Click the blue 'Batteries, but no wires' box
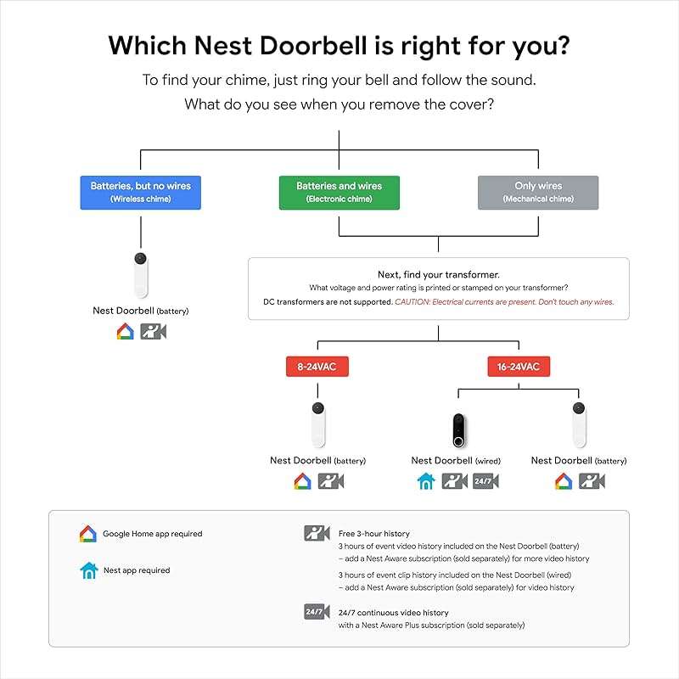pos(141,192)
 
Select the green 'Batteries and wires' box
pos(339,192)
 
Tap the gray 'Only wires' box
pos(538,192)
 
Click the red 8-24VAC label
pos(317,367)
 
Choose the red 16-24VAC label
pos(519,367)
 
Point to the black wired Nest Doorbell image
pos(458,429)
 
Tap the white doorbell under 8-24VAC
pos(317,424)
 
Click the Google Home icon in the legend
pos(88,534)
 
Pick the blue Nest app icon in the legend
pos(88,570)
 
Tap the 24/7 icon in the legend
pos(317,612)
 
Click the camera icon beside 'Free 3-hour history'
pos(317,533)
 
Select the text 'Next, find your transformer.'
pos(438,275)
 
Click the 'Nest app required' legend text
pos(137,570)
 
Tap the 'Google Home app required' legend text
pos(153,534)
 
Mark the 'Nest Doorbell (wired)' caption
pos(456,461)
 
